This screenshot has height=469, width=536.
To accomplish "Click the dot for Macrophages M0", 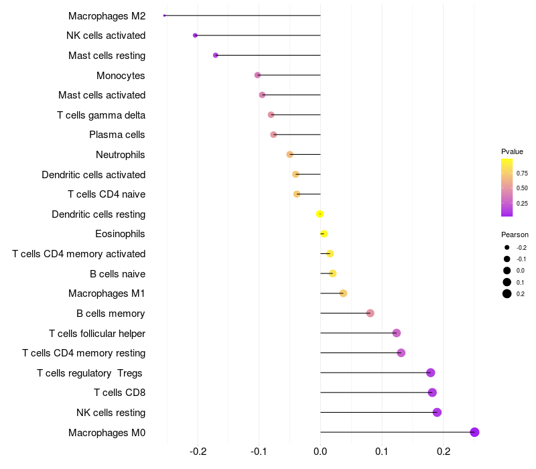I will pos(474,432).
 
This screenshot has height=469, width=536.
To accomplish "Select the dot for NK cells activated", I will pos(195,36).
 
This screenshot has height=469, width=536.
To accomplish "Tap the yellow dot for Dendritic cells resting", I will pos(320,214).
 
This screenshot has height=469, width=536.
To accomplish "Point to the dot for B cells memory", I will pos(370,313).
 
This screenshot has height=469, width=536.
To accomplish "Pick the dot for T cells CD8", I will pos(432,393).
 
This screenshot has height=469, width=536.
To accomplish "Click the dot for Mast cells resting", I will pos(215,55).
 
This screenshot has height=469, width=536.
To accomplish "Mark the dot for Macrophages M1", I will pos(343,293).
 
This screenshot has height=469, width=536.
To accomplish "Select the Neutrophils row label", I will pos(121,155).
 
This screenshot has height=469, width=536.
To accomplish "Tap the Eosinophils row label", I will pos(121,234).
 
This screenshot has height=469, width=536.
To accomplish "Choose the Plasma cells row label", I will pos(117,135).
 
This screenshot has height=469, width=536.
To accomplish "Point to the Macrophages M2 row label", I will pos(107,15).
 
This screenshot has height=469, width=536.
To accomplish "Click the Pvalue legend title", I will pos(512,151).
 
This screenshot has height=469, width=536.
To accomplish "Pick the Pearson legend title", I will pos(515,235).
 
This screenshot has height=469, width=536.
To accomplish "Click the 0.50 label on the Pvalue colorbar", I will pos(522,188).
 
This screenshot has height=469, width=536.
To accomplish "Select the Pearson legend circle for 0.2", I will pos(507,293).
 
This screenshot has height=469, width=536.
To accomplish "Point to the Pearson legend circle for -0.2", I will pos(507,247).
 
